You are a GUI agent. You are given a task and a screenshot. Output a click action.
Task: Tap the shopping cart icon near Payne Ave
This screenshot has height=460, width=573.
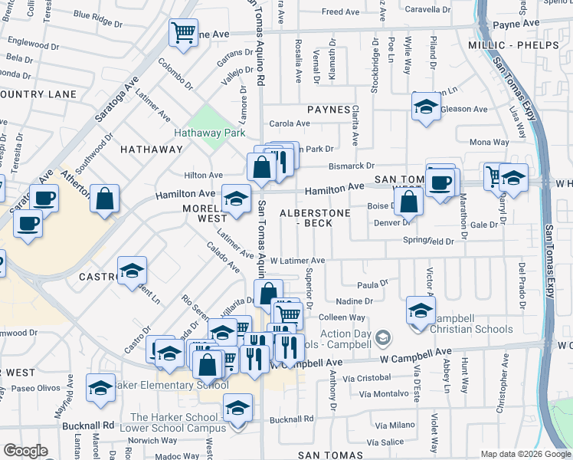pos(183,33)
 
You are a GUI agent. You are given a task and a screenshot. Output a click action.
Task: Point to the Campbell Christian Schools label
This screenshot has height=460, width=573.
pos(471,329)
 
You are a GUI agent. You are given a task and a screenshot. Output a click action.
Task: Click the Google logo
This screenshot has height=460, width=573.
pos(25,451)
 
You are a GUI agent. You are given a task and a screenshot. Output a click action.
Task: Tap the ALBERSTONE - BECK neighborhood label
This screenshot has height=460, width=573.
pos(315,217)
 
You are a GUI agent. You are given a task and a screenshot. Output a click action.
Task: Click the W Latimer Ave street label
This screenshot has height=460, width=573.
pos(297,261)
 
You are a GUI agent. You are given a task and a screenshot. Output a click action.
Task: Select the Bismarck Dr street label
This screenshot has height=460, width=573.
pos(351,166)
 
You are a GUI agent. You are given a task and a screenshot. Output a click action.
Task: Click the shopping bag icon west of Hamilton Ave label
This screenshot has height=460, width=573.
pos(104,199)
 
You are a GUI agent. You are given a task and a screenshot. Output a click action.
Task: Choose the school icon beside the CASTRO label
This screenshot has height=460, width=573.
pos(133,269)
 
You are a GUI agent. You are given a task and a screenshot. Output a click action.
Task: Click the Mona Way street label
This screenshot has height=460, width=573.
pos(489,142)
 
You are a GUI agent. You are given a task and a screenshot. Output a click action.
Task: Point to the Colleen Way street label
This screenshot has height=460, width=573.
pos(342,317)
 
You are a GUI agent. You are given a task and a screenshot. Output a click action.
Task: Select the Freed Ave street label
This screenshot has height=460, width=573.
pos(341,12)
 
